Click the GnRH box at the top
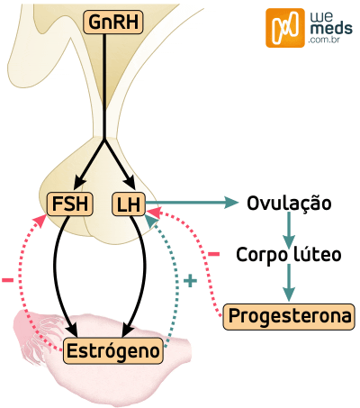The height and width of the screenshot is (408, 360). pos(105,23)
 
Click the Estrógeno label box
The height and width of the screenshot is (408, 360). pos(114,350)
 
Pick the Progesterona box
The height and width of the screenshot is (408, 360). pos(288,316)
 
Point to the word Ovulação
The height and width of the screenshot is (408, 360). pos(289,204)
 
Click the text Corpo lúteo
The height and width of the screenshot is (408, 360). pos(289,255)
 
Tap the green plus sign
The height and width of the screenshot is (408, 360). pos(189,281)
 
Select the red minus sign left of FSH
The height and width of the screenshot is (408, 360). pos(8,280)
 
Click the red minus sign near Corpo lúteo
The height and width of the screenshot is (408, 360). pos(213,254)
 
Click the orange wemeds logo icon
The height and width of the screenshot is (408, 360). pos(283,28)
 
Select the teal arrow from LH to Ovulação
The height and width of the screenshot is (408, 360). pos(189,204)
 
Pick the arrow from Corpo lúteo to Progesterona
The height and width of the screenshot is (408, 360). pos(289,283)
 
